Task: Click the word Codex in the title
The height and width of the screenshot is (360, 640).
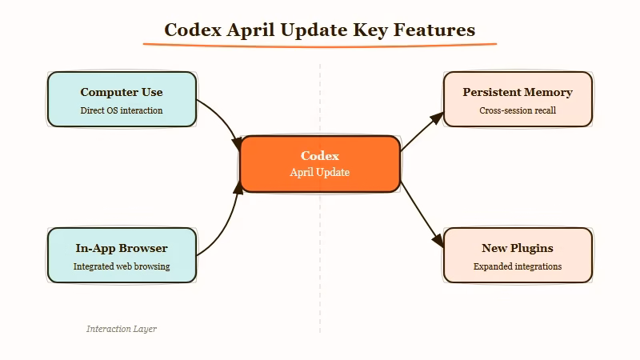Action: tap(194, 30)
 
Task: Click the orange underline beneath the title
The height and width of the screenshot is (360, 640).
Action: tap(320, 45)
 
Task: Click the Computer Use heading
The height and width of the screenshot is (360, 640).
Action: tap(122, 92)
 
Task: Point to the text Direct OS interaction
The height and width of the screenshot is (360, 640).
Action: tap(122, 110)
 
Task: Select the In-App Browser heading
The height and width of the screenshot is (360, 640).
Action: tap(122, 248)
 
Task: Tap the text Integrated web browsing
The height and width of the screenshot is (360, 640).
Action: tap(122, 266)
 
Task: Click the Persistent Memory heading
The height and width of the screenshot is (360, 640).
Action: tap(518, 92)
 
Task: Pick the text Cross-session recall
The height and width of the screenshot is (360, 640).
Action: tap(518, 110)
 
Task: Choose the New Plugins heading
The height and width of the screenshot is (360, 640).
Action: tap(518, 248)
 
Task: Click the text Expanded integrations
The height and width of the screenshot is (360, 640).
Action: tap(518, 266)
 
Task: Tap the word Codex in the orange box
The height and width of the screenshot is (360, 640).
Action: tap(320, 156)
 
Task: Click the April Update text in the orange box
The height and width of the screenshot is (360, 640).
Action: tap(320, 173)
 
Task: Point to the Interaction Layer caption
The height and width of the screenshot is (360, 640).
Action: tap(122, 329)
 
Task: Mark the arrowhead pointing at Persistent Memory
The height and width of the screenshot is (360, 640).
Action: tap(437, 118)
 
